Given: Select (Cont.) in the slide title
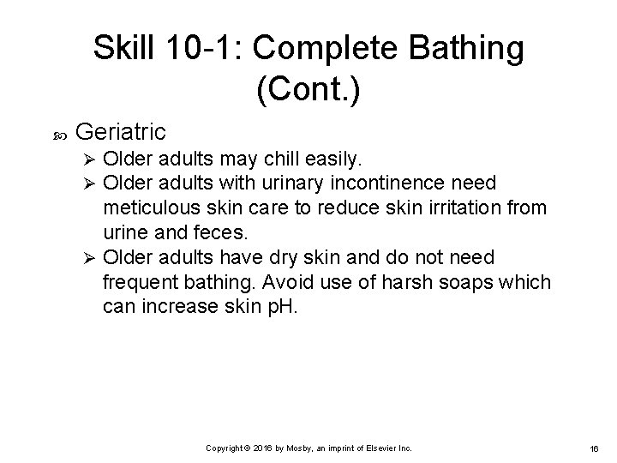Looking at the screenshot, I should point(307,88).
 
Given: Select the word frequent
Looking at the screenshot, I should point(138,284).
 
